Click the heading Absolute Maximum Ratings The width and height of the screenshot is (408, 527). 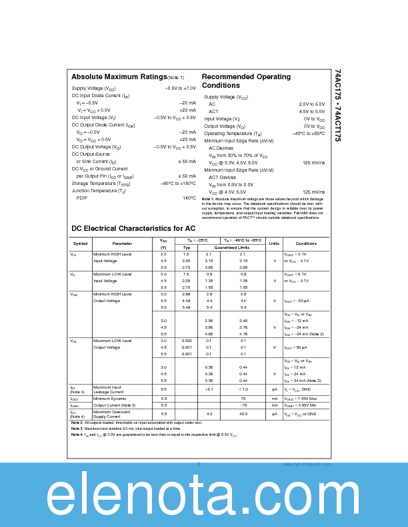coord(119,77)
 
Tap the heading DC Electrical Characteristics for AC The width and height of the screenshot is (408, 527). coord(124,228)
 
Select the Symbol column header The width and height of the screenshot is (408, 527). coord(80,244)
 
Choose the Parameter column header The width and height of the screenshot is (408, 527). coord(122,244)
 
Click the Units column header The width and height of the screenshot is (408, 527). coord(274,244)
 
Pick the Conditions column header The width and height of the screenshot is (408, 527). coord(306,244)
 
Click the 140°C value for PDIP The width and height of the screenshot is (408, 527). coord(189,198)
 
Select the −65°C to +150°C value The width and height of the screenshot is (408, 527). coord(178,183)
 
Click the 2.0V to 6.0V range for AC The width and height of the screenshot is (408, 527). coord(311,104)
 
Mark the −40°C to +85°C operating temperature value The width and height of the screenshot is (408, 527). coord(308,134)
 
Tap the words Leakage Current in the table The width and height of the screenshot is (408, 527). coord(109,392)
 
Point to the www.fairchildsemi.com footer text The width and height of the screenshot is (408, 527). coord(306,464)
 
